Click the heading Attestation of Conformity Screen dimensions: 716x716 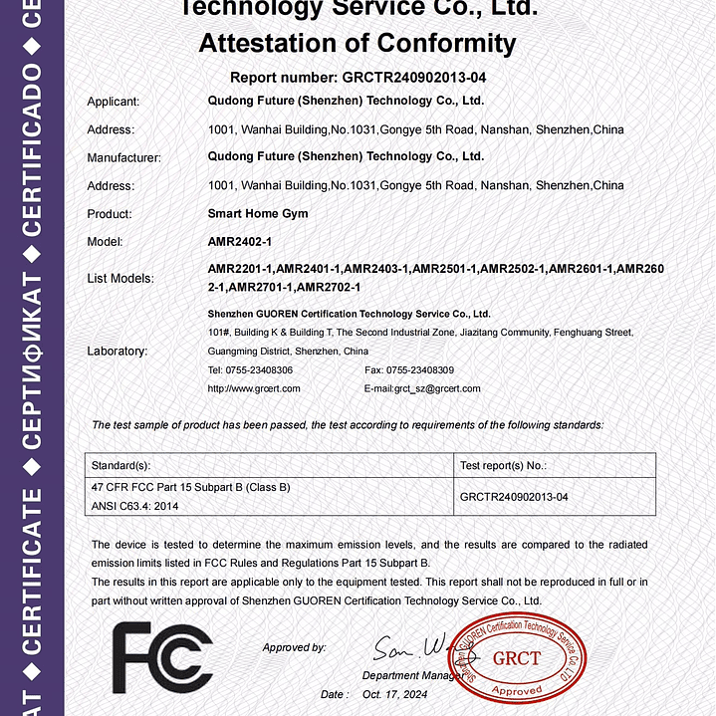click(x=358, y=44)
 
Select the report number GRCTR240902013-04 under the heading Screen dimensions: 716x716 click(x=413, y=77)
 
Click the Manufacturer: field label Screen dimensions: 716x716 click(x=124, y=157)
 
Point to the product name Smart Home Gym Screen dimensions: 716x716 click(x=257, y=213)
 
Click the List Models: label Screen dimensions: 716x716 click(x=120, y=279)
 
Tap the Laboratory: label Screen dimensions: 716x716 click(x=118, y=351)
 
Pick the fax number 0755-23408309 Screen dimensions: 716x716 click(x=419, y=370)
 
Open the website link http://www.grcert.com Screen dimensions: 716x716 click(x=253, y=388)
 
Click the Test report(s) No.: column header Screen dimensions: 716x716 click(x=503, y=465)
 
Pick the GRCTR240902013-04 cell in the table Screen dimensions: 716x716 click(x=514, y=496)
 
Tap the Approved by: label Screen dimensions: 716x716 click(x=294, y=647)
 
